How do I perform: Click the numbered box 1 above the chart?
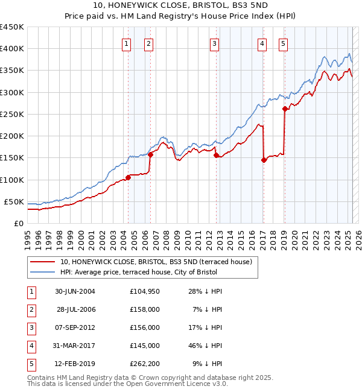tap(127, 43)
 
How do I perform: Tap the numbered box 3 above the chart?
tap(214, 43)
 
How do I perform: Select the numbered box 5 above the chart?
tap(283, 43)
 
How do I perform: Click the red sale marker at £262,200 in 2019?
tap(284, 109)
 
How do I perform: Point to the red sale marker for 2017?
tap(264, 160)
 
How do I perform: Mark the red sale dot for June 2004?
tap(128, 177)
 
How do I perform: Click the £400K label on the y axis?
tap(11, 49)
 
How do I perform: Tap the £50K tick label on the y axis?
tap(14, 201)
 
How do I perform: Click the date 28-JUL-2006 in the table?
tap(75, 309)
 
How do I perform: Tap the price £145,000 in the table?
tap(144, 346)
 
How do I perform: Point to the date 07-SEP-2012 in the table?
tap(75, 327)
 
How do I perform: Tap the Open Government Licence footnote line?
tap(128, 383)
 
